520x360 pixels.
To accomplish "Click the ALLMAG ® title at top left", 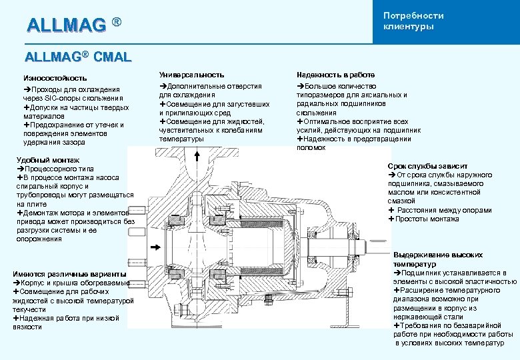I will coord(74,25).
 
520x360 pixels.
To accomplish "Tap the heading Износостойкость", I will coord(55,78).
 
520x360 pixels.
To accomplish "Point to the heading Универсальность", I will coord(191,75).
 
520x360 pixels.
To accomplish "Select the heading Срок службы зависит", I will coord(427,165).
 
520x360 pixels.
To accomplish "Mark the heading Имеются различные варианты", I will coord(69,274).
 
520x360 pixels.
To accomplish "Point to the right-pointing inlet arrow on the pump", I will coord(155,247).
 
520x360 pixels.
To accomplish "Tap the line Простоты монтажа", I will coord(426,219).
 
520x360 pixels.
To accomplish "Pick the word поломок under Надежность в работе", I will coord(311,147).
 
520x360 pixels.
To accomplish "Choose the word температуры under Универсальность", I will coord(181,139).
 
